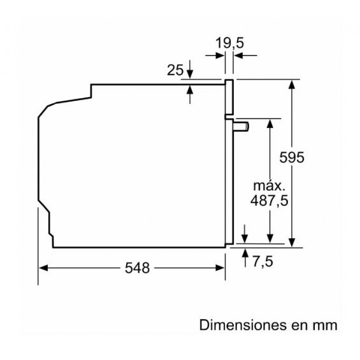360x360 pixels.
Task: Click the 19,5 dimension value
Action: pyautogui.click(x=229, y=43)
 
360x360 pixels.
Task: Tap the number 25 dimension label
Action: pyautogui.click(x=175, y=70)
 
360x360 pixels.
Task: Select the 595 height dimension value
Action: pyautogui.click(x=292, y=157)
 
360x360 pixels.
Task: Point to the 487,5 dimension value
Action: pyautogui.click(x=269, y=201)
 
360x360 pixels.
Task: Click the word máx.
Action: pyautogui.click(x=269, y=186)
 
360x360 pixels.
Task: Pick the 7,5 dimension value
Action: pyautogui.click(x=263, y=261)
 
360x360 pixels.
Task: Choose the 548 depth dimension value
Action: pyautogui.click(x=137, y=268)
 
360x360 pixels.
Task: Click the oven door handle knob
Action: pyautogui.click(x=241, y=127)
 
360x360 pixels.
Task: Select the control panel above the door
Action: pyautogui.click(x=229, y=97)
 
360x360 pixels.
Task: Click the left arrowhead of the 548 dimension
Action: pyautogui.click(x=43, y=268)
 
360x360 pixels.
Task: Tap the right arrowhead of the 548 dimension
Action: pyautogui.click(x=220, y=268)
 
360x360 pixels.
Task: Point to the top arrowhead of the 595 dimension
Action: pyautogui.click(x=292, y=84)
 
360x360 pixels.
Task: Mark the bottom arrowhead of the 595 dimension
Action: pyautogui.click(x=292, y=243)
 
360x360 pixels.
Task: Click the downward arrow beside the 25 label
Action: pyautogui.click(x=190, y=69)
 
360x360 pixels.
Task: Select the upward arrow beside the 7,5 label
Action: pyautogui.click(x=245, y=257)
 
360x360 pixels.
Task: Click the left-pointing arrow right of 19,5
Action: pyautogui.click(x=245, y=55)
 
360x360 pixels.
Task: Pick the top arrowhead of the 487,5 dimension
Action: pyautogui.click(x=270, y=124)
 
